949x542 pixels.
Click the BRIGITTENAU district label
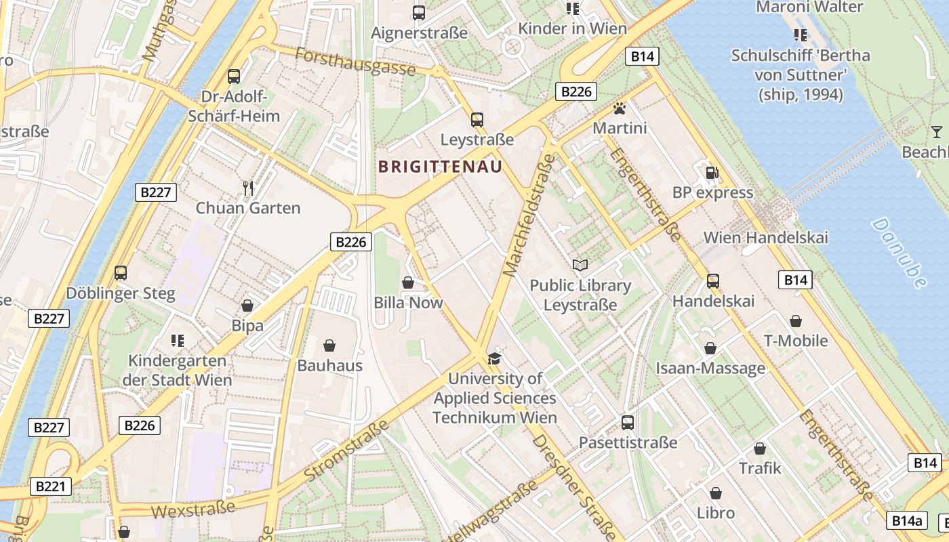[440, 166]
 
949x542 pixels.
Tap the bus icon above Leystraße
[477, 120]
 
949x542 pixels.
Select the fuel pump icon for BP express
[712, 173]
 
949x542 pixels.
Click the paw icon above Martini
[619, 108]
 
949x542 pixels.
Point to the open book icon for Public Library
[580, 265]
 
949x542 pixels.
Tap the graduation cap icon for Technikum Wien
[495, 358]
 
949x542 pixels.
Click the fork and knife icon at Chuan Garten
[248, 188]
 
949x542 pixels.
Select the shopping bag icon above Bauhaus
[329, 346]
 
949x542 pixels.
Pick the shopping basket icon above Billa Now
[408, 283]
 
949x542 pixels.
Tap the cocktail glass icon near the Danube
[937, 131]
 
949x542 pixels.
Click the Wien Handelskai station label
[765, 238]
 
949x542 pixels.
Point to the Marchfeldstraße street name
[527, 215]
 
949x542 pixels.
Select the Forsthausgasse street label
[355, 61]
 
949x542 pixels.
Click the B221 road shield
[50, 486]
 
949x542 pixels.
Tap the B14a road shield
[906, 520]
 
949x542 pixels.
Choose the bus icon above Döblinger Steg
[121, 273]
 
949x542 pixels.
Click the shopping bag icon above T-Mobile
[796, 320]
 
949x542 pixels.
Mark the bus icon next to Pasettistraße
[628, 423]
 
